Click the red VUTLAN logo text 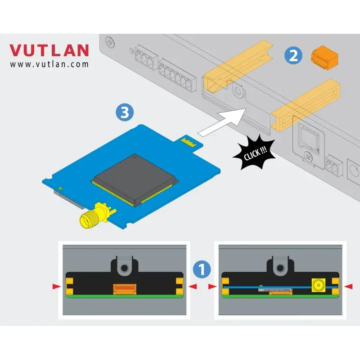pos(49,50)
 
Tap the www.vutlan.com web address pos(49,64)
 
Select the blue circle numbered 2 pos(293,55)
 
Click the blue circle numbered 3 pos(125,112)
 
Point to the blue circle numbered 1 pos(202,269)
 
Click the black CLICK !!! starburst pos(255,153)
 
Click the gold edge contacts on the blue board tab pos(189,142)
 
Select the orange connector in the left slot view pos(125,289)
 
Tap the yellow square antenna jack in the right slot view pos(319,285)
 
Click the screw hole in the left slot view pos(125,268)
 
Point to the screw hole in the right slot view pos(280,268)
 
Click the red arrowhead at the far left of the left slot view pos(57,286)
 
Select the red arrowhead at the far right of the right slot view pos(348,286)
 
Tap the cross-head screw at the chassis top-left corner pos(110,42)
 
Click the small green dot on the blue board pos(60,188)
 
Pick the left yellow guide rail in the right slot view pos(225,286)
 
